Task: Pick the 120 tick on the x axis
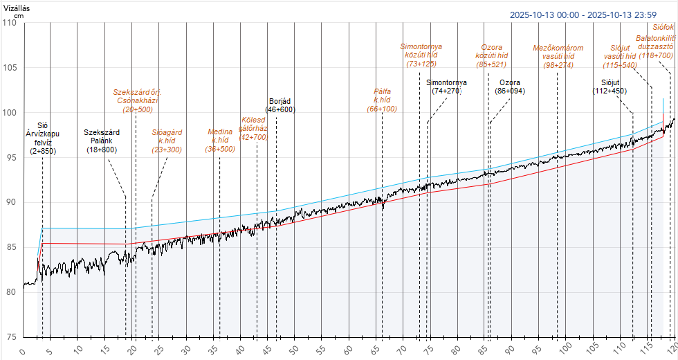click(672, 351)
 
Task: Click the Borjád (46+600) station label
click(282, 105)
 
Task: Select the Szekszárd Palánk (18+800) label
click(102, 141)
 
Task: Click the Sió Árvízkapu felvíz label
click(42, 138)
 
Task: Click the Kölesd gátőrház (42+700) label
click(253, 128)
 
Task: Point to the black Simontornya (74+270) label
click(446, 87)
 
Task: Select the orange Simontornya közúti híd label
click(421, 55)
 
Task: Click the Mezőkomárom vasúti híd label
click(558, 57)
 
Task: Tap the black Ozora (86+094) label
click(510, 87)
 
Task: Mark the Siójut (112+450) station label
click(610, 87)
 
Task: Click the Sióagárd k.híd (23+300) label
click(167, 140)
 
